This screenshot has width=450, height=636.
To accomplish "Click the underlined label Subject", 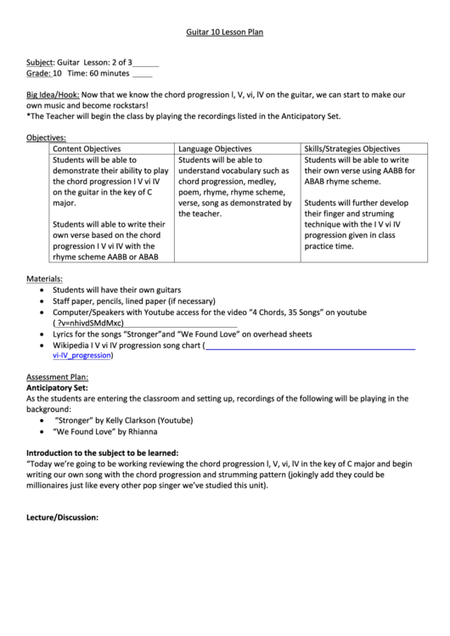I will pyautogui.click(x=40, y=63).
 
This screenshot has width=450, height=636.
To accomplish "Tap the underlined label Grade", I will pyautogui.click(x=37, y=74).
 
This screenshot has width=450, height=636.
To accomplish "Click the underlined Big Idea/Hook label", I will pyautogui.click(x=53, y=96).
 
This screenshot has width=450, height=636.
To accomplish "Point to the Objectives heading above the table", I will pyautogui.click(x=46, y=137).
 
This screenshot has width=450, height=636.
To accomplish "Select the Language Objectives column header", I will pyautogui.click(x=215, y=148).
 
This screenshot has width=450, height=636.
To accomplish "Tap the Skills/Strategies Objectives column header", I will pyautogui.click(x=352, y=148).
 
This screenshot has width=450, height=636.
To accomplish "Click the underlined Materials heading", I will pyautogui.click(x=44, y=279).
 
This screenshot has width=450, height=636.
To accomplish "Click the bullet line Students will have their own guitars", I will pyautogui.click(x=117, y=290).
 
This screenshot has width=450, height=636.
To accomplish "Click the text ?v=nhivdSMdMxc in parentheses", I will pyautogui.click(x=89, y=324).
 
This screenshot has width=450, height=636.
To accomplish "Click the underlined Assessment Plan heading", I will pyautogui.click(x=57, y=376).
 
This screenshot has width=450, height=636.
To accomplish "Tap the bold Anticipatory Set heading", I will pyautogui.click(x=57, y=387).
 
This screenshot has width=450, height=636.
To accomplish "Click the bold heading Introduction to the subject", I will pyautogui.click(x=102, y=453).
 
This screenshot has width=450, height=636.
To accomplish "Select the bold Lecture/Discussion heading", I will pyautogui.click(x=63, y=516).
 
